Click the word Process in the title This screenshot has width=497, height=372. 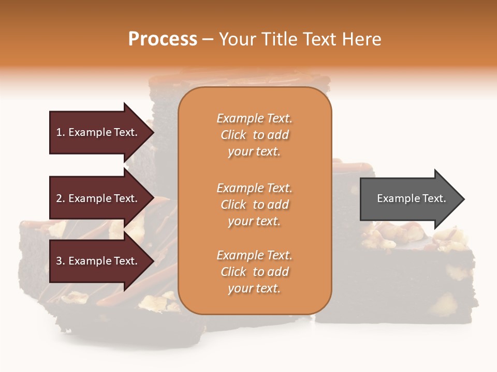click(x=163, y=39)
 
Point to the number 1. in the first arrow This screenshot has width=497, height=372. click(x=61, y=132)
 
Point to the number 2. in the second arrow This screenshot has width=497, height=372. click(x=61, y=198)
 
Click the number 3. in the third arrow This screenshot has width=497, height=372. click(x=61, y=261)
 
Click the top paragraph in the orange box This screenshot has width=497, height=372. click(x=254, y=135)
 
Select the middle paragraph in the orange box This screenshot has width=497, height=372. click(x=254, y=205)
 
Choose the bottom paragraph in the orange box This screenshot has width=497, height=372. click(x=254, y=272)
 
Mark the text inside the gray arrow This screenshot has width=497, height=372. click(x=412, y=198)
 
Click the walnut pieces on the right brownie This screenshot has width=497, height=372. click(x=393, y=235)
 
